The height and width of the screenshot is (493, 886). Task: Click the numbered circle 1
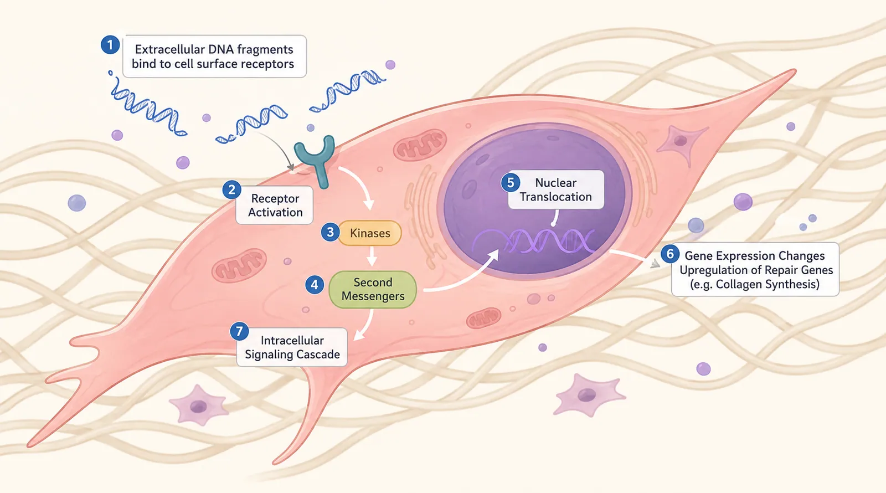(110, 45)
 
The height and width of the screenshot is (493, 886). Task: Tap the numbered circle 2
(232, 190)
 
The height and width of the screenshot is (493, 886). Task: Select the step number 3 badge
(330, 232)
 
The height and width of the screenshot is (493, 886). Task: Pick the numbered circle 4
(315, 285)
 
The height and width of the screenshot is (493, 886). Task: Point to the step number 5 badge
(511, 183)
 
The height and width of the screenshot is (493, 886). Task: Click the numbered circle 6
(670, 254)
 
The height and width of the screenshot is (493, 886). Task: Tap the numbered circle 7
(239, 332)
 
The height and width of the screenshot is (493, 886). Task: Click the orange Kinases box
(370, 233)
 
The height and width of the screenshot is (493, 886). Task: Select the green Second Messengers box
(373, 289)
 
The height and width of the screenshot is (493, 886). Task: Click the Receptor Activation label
(275, 206)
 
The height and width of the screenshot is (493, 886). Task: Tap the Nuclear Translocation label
(556, 190)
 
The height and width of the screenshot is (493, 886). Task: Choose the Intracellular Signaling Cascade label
(292, 347)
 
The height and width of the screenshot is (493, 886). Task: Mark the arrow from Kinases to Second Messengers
(372, 256)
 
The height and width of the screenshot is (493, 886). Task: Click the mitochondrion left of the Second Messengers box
(239, 265)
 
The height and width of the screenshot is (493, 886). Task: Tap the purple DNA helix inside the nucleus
(534, 240)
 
